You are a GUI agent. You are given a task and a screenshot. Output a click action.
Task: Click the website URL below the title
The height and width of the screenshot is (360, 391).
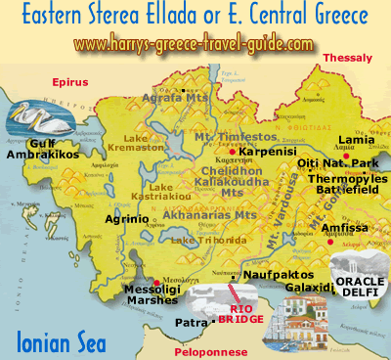pyautogui.click(x=195, y=45)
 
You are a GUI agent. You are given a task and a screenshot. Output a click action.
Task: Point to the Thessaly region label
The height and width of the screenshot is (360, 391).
pyautogui.click(x=349, y=59)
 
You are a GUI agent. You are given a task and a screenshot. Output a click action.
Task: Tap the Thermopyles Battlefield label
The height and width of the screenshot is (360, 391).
pyautogui.click(x=348, y=186)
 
